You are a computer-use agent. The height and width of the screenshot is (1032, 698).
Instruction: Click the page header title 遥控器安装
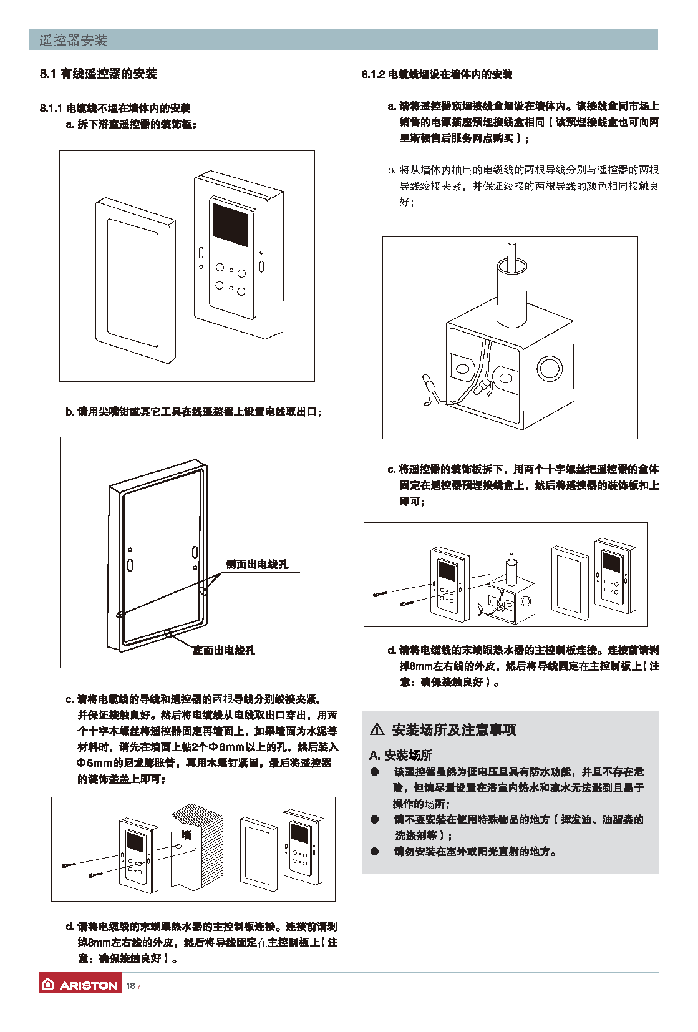[74, 41]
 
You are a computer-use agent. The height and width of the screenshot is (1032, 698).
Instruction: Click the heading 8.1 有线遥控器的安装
[99, 74]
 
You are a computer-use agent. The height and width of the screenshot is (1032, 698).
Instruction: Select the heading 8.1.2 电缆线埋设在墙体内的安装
[437, 74]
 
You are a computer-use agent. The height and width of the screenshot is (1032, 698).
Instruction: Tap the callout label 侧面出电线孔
[257, 564]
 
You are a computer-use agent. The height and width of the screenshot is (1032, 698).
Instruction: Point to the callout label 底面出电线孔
[223, 650]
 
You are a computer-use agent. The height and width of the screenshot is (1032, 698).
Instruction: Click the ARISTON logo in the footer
[80, 985]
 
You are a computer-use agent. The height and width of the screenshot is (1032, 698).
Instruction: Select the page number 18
[130, 986]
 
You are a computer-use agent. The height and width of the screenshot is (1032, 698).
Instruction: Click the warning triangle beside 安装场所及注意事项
[377, 729]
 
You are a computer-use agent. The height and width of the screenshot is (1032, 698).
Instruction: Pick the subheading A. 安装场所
[400, 755]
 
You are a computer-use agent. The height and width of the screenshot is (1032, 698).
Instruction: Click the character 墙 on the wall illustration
[186, 835]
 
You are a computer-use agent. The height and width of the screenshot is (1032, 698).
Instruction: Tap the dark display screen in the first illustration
[230, 223]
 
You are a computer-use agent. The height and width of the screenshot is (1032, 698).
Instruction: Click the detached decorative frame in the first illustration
[135, 280]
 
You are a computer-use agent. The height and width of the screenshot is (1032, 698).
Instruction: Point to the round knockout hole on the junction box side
[549, 369]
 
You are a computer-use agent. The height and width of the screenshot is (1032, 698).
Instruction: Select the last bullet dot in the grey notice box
[374, 851]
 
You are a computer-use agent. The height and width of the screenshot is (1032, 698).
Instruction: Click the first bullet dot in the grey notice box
[374, 772]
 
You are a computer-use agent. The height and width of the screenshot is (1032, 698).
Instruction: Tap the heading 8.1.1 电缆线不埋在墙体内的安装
[115, 108]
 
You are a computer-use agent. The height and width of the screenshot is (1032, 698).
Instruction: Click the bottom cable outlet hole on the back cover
[168, 633]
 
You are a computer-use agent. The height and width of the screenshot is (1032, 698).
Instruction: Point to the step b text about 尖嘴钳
[193, 412]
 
